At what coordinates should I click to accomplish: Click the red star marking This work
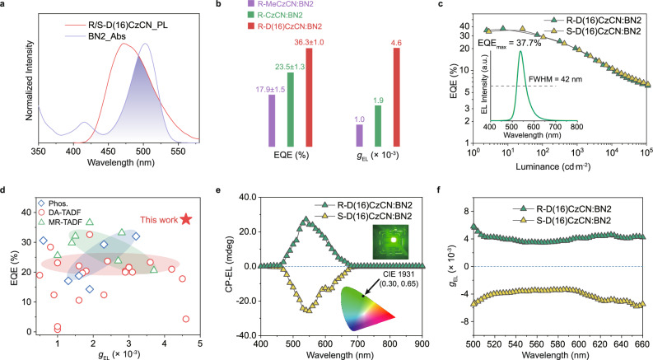186,219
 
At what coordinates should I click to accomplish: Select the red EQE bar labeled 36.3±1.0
309,97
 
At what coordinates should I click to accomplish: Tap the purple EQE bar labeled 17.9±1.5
272,120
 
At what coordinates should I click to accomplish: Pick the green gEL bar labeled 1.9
378,126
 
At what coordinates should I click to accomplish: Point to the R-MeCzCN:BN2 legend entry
280,4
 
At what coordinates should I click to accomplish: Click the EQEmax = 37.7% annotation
510,43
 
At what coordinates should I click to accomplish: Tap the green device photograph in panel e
391,241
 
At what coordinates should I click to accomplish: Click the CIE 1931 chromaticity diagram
367,307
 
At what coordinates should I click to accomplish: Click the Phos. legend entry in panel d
53,203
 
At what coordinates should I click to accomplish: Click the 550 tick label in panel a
178,152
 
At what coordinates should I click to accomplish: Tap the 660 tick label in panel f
643,345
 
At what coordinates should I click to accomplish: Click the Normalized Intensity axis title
29,81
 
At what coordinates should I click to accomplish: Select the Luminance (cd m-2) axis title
553,166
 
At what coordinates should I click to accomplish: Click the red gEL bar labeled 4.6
396,97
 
